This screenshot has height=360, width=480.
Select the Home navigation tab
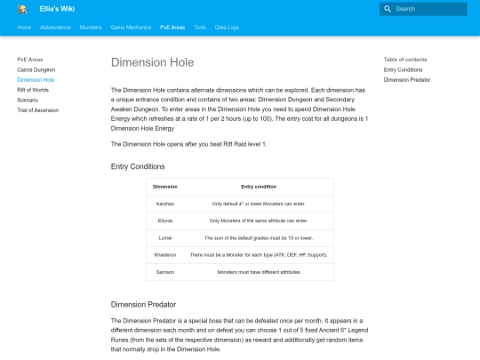click(24, 28)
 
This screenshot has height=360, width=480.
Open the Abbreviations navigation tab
click(55, 28)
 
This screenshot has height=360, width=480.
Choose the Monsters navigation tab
click(91, 28)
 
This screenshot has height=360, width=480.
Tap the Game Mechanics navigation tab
click(131, 28)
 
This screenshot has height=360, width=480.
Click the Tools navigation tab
click(200, 28)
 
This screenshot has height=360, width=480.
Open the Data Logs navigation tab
click(227, 28)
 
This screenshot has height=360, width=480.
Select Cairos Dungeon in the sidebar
click(36, 69)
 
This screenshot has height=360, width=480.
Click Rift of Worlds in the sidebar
click(34, 90)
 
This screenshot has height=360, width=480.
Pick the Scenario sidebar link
click(28, 100)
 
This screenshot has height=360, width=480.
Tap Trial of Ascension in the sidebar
click(37, 110)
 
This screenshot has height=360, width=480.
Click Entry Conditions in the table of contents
click(403, 69)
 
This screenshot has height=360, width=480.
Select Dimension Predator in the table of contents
click(407, 80)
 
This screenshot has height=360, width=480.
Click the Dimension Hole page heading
click(152, 63)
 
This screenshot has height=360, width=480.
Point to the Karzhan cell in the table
click(165, 204)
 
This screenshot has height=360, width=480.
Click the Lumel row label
click(165, 237)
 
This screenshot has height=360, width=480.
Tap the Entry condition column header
click(259, 187)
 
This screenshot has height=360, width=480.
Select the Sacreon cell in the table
click(165, 271)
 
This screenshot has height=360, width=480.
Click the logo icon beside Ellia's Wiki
click(22, 9)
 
